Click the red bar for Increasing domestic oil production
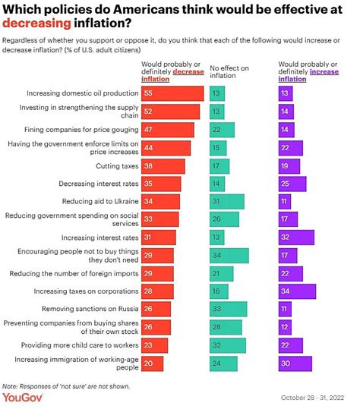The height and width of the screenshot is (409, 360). coord(172,93)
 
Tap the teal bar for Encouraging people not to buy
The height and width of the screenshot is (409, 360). coord(229,255)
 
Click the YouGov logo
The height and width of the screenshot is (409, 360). coord(23,397)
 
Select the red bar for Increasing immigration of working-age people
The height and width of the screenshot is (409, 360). coord(153,363)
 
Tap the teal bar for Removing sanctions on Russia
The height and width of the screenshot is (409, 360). coord(228,309)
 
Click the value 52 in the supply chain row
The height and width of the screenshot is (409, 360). coord(149,112)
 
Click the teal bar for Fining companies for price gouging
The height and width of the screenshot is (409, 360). coord(222,130)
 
